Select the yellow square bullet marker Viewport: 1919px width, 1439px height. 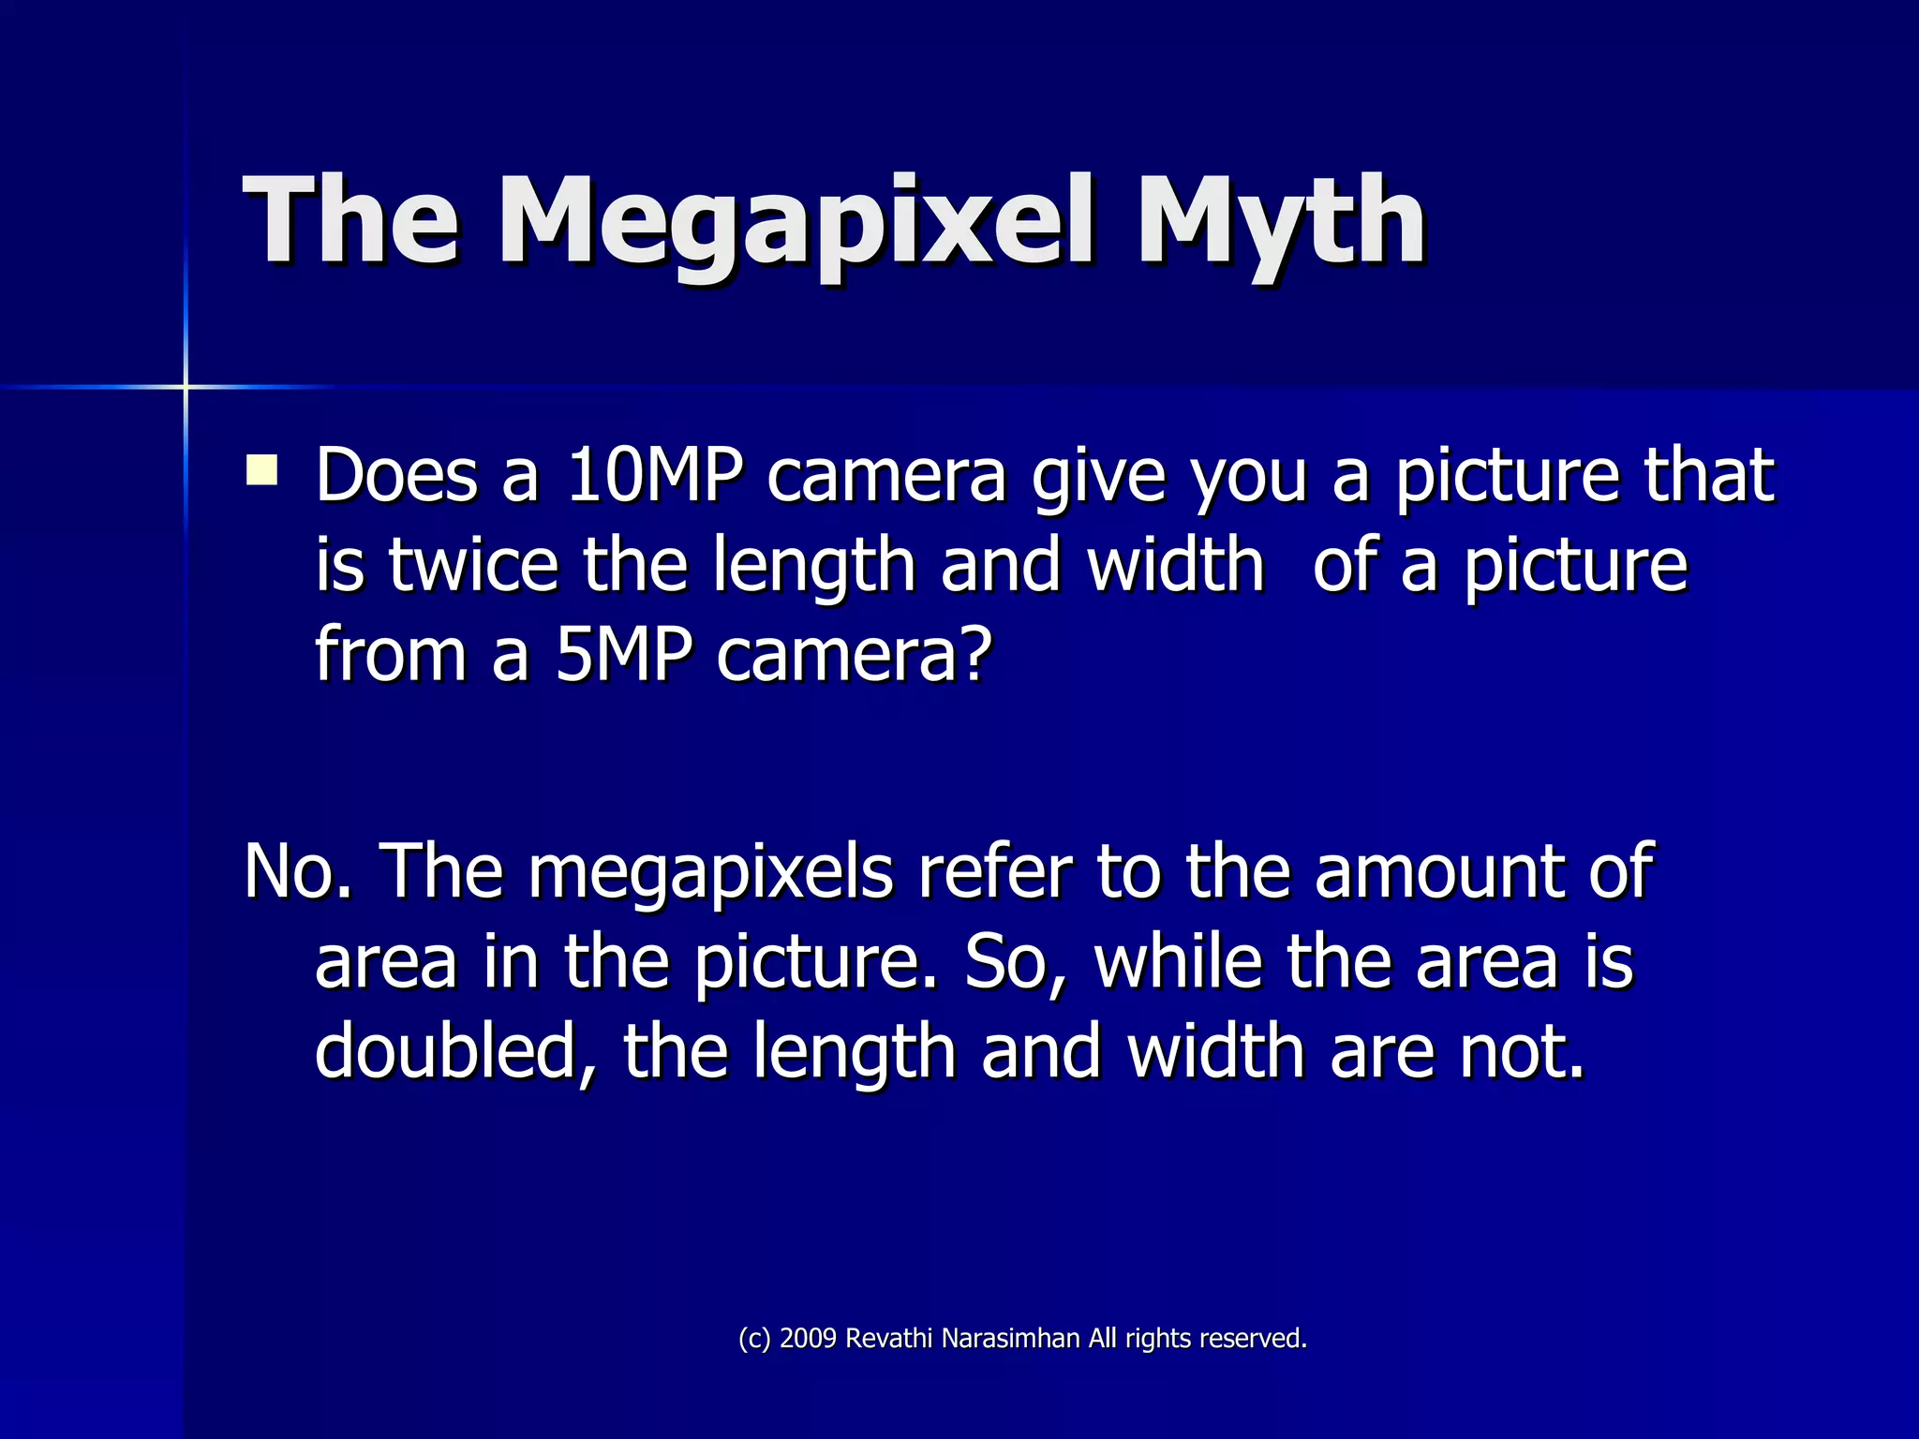[261, 469]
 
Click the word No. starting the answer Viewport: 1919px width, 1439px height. [298, 870]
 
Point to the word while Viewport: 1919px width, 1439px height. [1177, 961]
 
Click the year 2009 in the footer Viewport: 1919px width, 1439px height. [808, 1339]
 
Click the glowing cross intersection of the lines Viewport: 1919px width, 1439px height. [186, 386]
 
